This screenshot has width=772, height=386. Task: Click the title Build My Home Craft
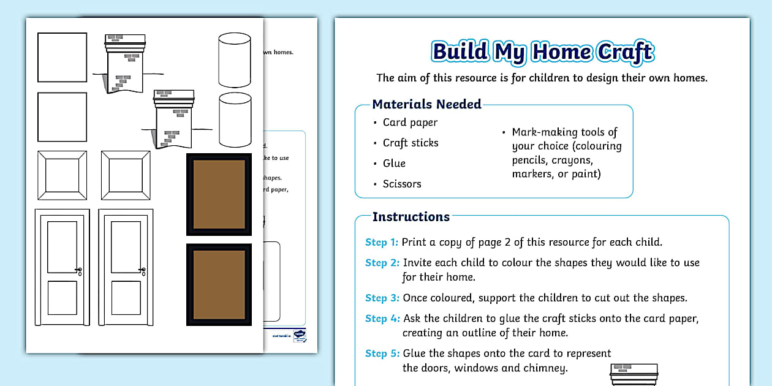543,52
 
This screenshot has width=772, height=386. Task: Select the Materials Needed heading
426,104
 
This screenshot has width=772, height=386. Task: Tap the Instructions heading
411,217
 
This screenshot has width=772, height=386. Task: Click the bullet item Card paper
410,123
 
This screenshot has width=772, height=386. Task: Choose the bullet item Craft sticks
411,143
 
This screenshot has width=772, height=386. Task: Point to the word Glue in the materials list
394,163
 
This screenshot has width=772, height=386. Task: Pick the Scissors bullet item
402,184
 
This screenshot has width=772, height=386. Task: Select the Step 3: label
382,298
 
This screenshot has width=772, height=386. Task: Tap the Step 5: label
382,354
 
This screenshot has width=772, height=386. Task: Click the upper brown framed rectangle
219,194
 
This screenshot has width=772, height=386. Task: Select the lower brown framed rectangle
219,285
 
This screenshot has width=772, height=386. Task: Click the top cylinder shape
235,59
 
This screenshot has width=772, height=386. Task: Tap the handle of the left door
79,270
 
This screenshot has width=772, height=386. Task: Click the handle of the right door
143,270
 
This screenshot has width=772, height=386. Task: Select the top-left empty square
62,57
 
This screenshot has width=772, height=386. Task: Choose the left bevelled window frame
62,175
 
